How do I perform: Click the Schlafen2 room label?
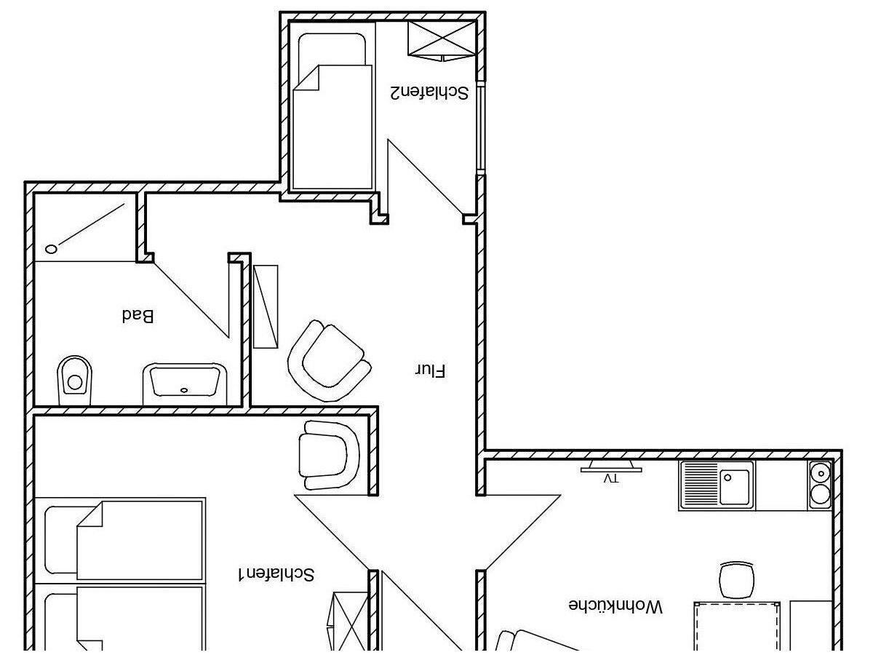[x=428, y=92]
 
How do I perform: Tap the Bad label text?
[x=137, y=316]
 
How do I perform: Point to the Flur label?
[x=430, y=370]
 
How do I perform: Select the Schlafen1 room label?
[x=276, y=574]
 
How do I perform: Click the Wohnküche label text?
[x=615, y=606]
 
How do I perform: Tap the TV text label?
[x=611, y=479]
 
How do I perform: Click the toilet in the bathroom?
[x=74, y=377]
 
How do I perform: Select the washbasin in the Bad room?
[x=184, y=383]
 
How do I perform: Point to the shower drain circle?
[x=52, y=249]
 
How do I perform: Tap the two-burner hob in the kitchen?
[x=820, y=485]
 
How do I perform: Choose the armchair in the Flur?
[x=328, y=360]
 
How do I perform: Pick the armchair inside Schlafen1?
[x=328, y=455]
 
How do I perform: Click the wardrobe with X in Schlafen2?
[x=442, y=39]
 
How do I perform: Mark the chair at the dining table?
[x=736, y=580]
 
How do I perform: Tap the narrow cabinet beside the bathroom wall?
[x=266, y=306]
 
